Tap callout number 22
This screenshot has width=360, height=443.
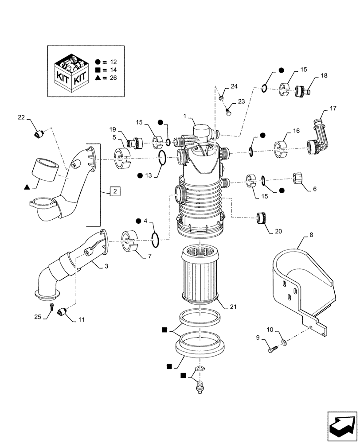pos(21,117)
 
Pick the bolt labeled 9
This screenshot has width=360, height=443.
pos(271,350)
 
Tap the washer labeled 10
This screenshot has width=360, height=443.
pos(283,343)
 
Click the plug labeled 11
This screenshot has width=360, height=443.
pos(63,312)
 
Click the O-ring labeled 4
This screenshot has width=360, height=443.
pos(156,240)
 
